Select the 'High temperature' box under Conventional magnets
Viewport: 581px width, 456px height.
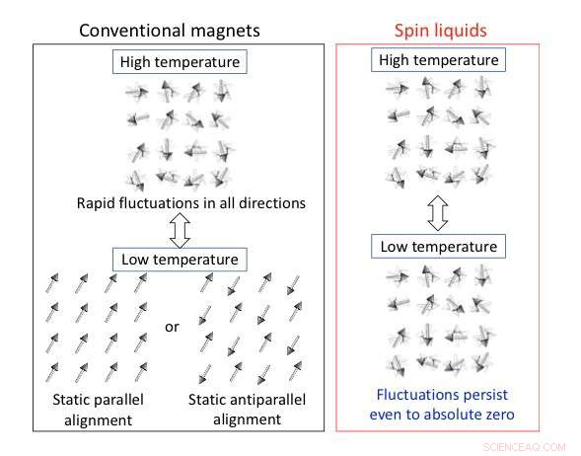click(181, 62)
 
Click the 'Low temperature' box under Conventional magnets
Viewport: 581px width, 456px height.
click(180, 260)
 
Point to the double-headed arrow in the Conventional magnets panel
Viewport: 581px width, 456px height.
click(180, 231)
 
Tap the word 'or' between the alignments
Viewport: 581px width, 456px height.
click(173, 326)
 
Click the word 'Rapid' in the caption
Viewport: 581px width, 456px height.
click(99, 204)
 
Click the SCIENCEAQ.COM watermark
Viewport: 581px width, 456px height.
click(525, 444)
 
